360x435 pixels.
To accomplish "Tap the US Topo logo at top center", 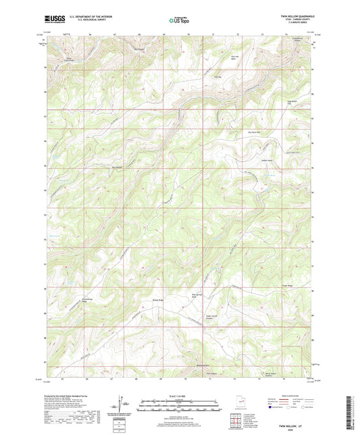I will click(x=179, y=21).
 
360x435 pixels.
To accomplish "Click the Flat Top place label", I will click(x=217, y=76).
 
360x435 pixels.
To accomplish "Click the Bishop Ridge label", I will click(x=155, y=297).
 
